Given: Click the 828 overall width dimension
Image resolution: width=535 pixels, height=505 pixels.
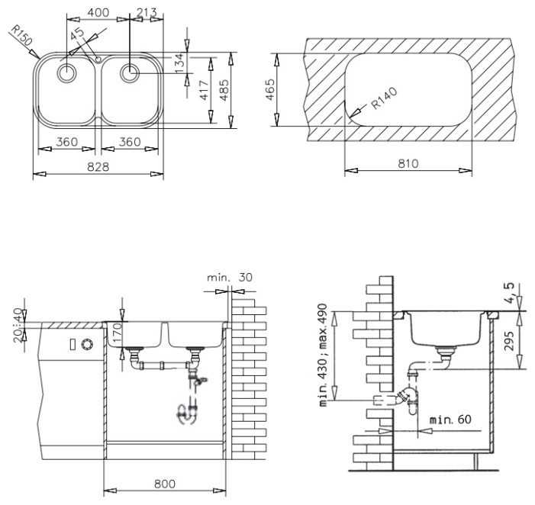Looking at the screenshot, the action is click(98, 167).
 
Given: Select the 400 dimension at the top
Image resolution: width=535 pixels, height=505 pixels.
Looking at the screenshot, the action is click(98, 13).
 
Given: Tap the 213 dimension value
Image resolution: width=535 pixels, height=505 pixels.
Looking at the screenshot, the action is click(147, 13).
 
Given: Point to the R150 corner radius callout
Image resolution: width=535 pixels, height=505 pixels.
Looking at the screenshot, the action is click(21, 35).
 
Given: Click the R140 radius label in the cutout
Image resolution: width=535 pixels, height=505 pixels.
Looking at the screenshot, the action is click(384, 98).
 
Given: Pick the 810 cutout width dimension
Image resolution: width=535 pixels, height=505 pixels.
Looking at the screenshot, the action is click(408, 164).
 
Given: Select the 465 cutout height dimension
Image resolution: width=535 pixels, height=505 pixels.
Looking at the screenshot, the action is click(270, 90).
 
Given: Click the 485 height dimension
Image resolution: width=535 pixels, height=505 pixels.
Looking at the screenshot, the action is click(224, 90).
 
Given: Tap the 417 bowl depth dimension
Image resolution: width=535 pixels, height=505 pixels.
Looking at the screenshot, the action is click(204, 90).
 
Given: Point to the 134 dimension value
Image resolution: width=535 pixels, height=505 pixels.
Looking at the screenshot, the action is click(179, 63).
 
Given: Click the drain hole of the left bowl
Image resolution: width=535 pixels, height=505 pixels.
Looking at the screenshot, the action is click(66, 73).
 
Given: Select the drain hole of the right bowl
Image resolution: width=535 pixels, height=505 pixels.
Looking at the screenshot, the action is click(130, 73).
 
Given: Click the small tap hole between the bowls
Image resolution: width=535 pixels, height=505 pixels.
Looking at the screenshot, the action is click(98, 60).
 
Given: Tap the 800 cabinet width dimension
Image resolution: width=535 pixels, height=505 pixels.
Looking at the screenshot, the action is click(165, 484).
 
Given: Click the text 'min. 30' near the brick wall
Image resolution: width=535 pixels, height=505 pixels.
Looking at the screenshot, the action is click(230, 277).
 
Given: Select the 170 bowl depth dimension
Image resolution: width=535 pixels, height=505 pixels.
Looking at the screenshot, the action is click(117, 333).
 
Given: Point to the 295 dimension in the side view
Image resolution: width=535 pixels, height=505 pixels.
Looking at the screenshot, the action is click(509, 340).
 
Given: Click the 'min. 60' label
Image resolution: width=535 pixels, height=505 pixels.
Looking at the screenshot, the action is click(450, 420).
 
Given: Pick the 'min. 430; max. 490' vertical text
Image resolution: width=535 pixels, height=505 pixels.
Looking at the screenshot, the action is click(322, 355).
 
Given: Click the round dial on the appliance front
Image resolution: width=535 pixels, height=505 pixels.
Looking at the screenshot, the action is click(87, 344).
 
